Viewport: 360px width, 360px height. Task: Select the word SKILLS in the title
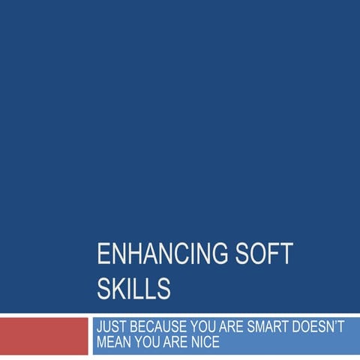point(133,289)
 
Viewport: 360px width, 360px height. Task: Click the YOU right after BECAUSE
point(204,328)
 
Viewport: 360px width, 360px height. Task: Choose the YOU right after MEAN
point(147,343)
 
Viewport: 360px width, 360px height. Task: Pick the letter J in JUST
point(99,328)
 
